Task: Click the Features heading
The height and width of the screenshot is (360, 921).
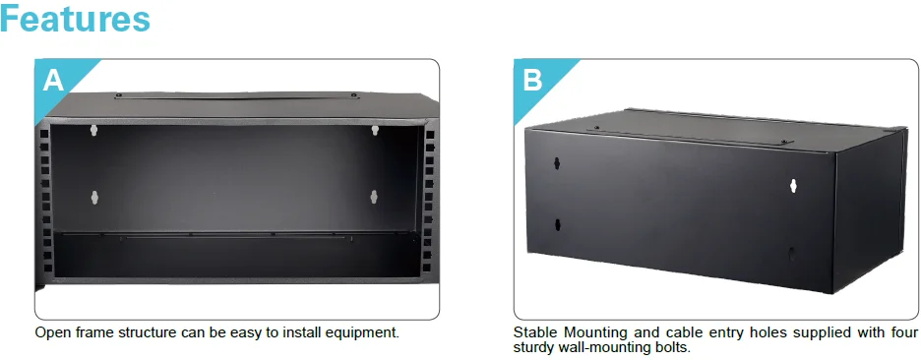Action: click(75, 19)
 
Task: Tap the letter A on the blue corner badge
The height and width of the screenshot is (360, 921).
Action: click(53, 81)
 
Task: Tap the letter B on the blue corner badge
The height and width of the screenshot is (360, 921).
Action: click(532, 81)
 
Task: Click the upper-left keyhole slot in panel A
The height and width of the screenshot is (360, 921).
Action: click(93, 130)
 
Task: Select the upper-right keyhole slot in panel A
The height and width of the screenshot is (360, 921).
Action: click(375, 130)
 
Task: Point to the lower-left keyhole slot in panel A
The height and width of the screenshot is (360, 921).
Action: click(94, 198)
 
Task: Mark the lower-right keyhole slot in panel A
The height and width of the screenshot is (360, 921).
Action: click(374, 197)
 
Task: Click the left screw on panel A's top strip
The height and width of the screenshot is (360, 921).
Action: click(118, 95)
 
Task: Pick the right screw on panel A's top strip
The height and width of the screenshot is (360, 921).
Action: click(354, 94)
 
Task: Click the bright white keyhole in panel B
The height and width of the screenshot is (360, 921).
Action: click(793, 186)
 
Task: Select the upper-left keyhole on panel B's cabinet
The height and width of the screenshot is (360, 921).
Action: click(556, 162)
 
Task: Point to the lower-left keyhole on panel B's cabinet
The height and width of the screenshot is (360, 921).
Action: click(557, 224)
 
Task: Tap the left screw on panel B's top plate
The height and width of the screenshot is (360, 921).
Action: click(596, 128)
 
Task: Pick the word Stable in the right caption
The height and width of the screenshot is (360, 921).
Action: click(532, 332)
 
